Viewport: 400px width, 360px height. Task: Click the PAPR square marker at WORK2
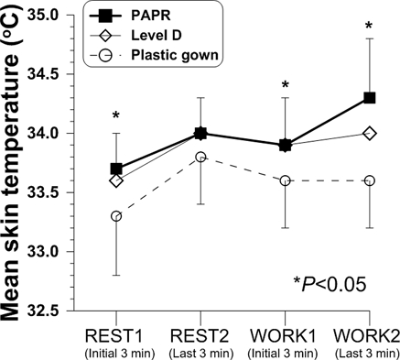[x=369, y=98]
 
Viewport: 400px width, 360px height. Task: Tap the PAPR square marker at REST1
[x=116, y=169]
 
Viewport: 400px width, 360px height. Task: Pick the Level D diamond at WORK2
[x=369, y=133]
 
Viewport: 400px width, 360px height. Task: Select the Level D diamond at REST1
[x=116, y=180]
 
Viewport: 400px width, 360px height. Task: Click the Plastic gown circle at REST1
[x=116, y=216]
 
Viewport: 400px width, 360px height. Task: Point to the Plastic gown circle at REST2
[x=200, y=157]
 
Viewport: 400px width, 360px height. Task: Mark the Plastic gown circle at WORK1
[x=285, y=180]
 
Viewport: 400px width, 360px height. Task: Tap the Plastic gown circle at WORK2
[x=369, y=180]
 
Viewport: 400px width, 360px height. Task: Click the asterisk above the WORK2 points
[x=369, y=27]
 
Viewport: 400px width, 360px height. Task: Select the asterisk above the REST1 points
[x=116, y=116]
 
